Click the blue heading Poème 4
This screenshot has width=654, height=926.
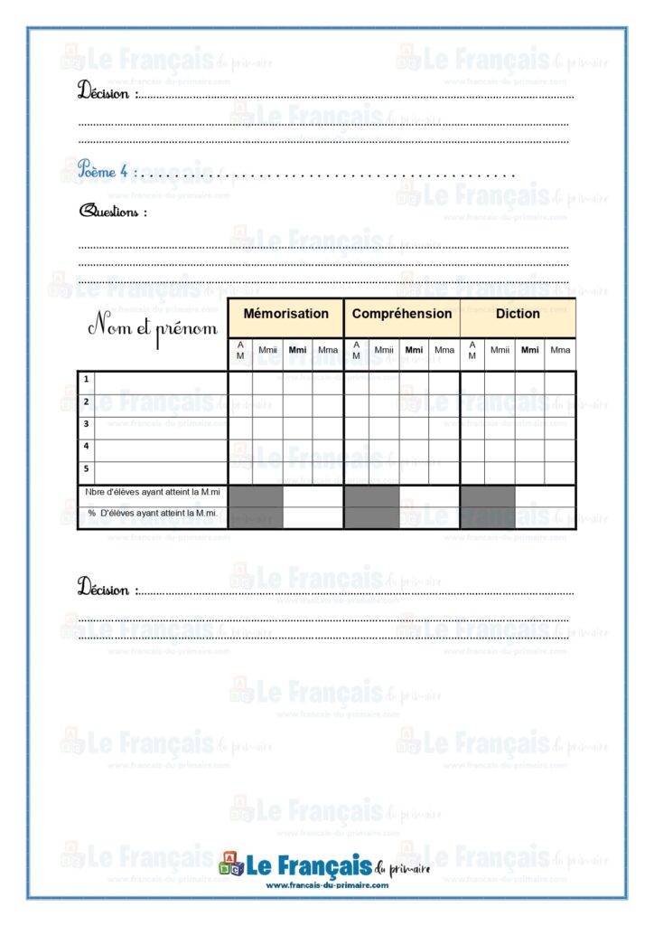(x=107, y=169)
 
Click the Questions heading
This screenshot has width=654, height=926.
(x=113, y=212)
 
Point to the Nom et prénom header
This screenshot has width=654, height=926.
(x=152, y=327)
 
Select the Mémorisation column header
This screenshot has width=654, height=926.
(x=285, y=314)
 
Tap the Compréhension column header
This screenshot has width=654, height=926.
(x=402, y=314)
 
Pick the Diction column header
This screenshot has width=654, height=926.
(x=518, y=314)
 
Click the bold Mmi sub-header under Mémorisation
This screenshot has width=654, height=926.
(x=297, y=350)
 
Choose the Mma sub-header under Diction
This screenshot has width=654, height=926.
(x=560, y=350)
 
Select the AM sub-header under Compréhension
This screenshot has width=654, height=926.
(x=356, y=350)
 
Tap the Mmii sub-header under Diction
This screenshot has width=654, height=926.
(x=500, y=350)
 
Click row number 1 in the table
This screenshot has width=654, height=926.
(x=86, y=380)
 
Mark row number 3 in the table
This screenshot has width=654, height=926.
(x=86, y=423)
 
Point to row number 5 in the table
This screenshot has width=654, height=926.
(x=86, y=468)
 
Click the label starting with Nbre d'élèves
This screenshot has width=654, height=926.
(x=152, y=492)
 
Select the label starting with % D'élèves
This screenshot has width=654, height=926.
(x=152, y=513)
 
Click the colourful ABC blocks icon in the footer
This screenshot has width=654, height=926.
(x=231, y=865)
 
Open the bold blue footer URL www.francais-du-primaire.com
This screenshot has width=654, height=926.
(x=327, y=885)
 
